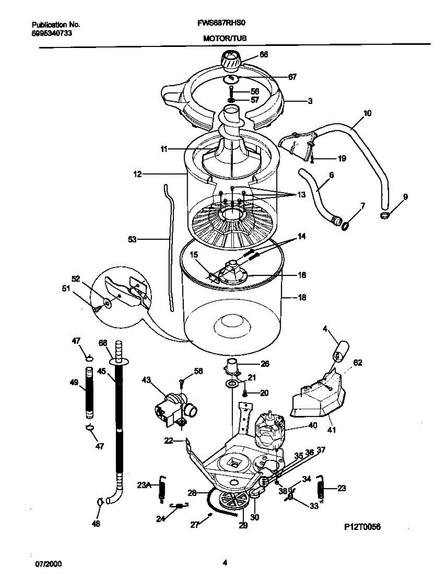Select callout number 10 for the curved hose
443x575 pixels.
pyautogui.click(x=367, y=114)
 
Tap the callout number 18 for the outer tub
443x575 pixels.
pyautogui.click(x=302, y=298)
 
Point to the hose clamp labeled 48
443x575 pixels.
pyautogui.click(x=99, y=502)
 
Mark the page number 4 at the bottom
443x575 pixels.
pyautogui.click(x=224, y=563)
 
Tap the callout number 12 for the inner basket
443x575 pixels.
pyautogui.click(x=137, y=175)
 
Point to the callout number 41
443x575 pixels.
pyautogui.click(x=331, y=430)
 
